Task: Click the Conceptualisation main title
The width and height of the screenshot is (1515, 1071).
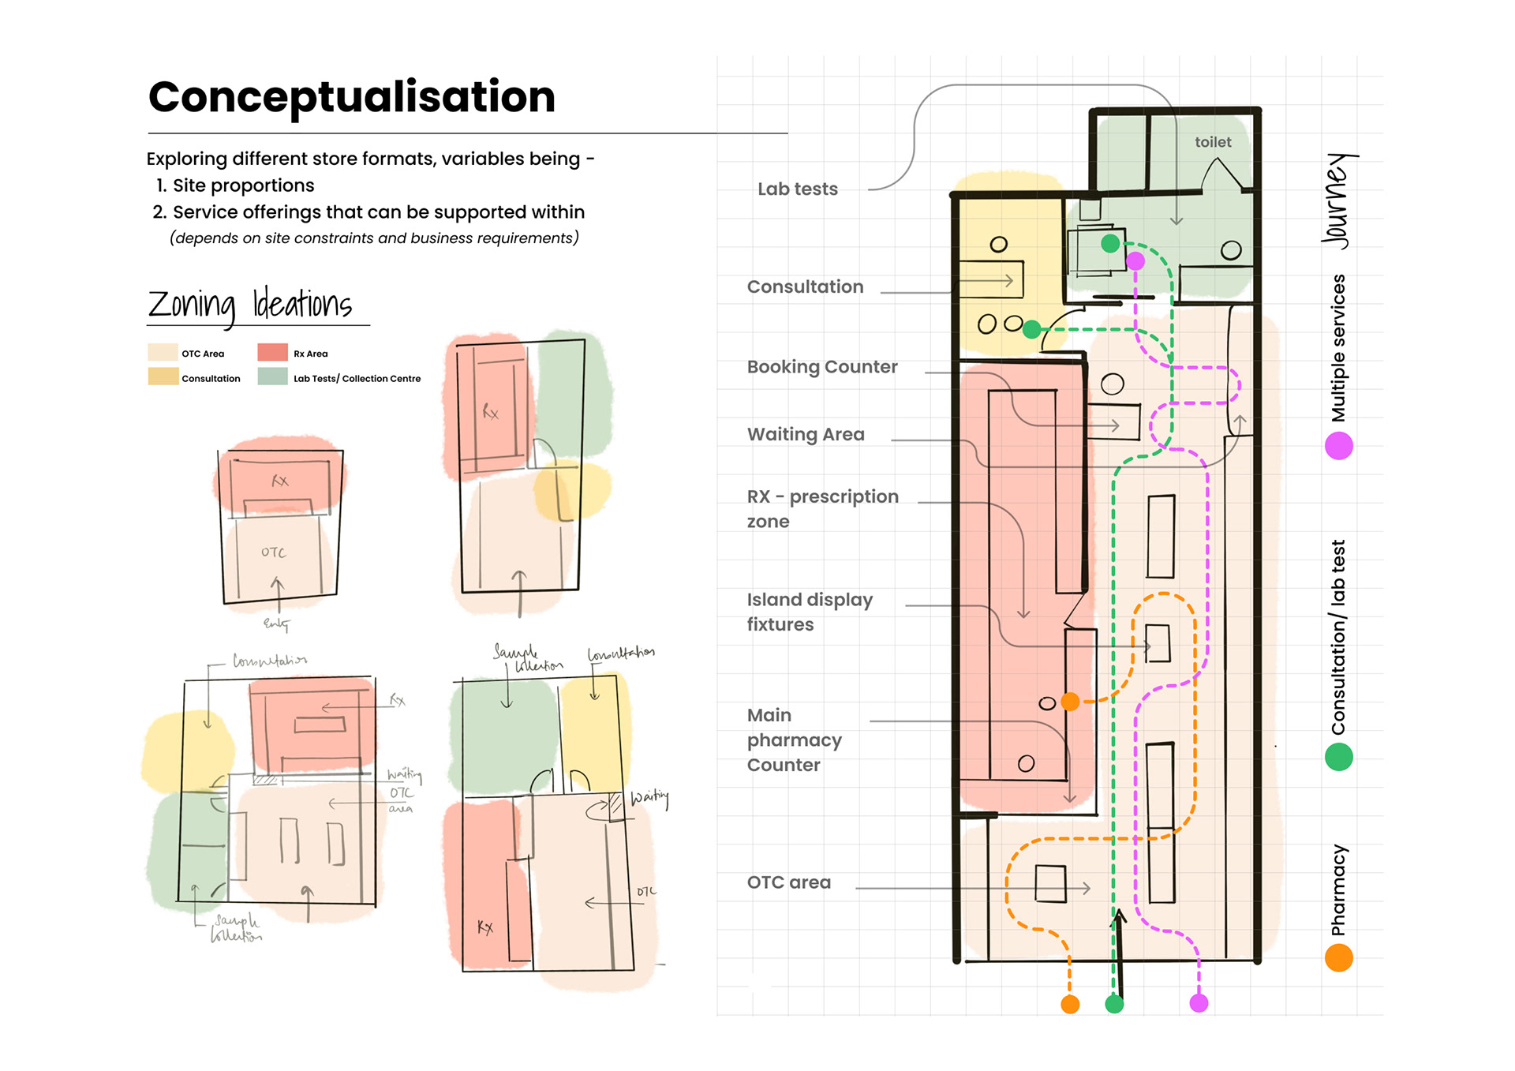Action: [351, 97]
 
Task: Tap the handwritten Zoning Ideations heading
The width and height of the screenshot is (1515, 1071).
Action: [250, 305]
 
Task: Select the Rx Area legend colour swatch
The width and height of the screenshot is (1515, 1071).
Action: [272, 353]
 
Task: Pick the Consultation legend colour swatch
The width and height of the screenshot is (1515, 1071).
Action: [163, 377]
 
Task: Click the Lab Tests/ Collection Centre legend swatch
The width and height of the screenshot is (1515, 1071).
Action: [272, 377]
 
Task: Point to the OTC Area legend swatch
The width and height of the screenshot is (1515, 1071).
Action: [163, 353]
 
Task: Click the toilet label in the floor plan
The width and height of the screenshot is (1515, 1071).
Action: [1212, 142]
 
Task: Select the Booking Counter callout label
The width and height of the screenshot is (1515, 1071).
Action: [821, 367]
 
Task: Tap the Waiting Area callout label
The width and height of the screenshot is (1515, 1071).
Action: [805, 434]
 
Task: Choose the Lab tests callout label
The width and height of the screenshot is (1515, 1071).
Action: [797, 189]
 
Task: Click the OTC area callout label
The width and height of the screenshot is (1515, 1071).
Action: [788, 882]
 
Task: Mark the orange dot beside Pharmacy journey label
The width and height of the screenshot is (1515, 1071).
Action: [1338, 958]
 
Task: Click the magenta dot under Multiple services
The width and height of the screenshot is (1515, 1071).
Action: [1338, 446]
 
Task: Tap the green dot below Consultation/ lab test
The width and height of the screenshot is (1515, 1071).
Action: [1338, 758]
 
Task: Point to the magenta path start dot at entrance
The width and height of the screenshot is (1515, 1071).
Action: [1199, 1003]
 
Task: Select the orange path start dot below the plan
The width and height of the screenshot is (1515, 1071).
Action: [1070, 1004]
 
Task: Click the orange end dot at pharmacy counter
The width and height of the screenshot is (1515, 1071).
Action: [1070, 701]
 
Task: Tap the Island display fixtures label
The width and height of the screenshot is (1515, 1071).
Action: [809, 612]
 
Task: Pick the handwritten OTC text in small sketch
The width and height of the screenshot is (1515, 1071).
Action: [273, 552]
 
